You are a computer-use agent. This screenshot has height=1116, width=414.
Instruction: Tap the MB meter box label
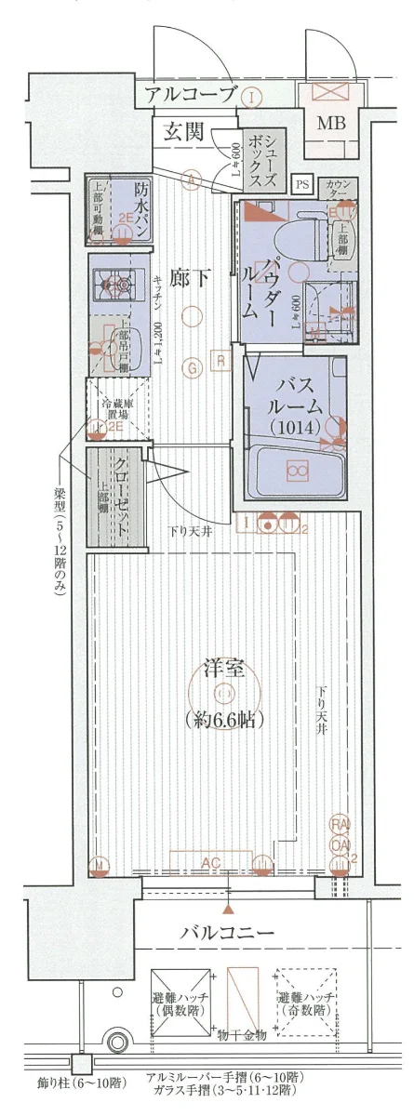click(x=329, y=123)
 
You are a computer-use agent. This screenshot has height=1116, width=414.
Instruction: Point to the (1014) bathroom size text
click(x=297, y=428)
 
